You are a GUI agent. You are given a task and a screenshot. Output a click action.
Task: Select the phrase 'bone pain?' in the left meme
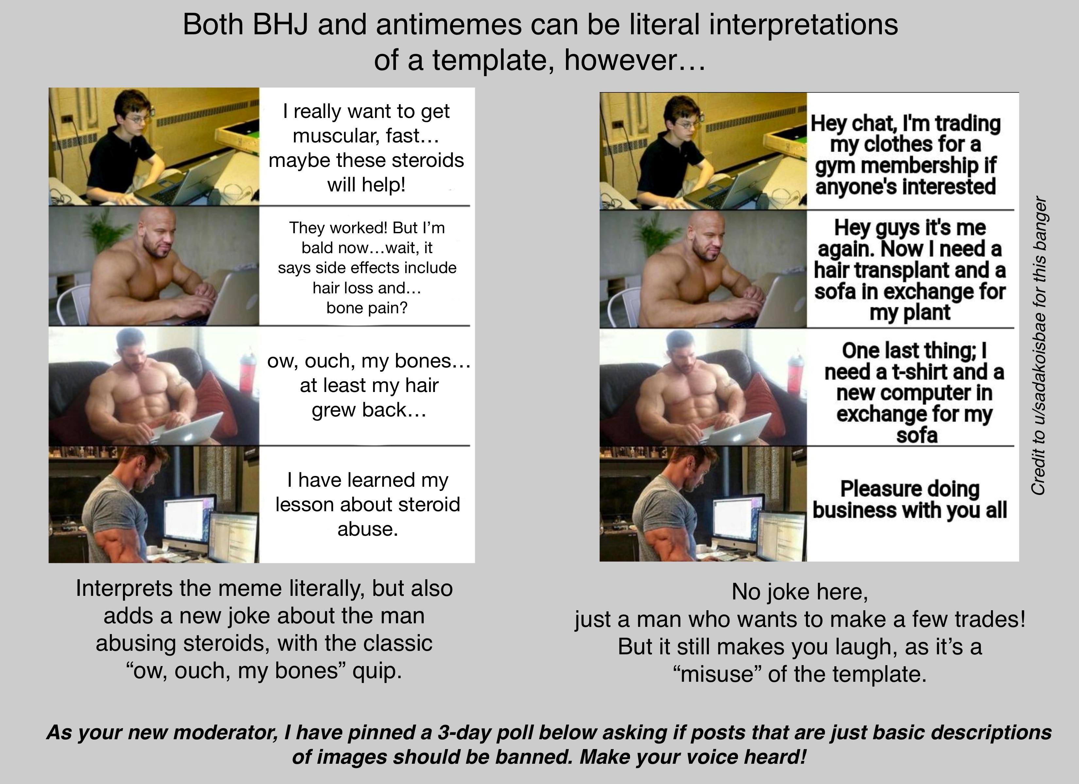(367, 308)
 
